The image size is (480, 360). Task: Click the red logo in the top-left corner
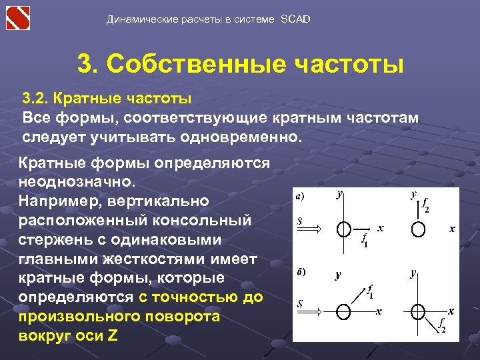(x=18, y=18)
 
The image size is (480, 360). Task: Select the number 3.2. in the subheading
(x=36, y=99)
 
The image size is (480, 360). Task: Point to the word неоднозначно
(x=77, y=181)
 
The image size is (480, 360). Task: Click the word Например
(x=57, y=201)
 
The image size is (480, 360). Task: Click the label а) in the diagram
(x=301, y=196)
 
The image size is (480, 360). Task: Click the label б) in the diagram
(x=301, y=272)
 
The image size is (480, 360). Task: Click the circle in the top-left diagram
(x=343, y=229)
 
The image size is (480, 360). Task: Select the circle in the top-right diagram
(x=418, y=229)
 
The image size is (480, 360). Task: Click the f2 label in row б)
(x=441, y=325)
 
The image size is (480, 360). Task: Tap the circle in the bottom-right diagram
(x=418, y=311)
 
